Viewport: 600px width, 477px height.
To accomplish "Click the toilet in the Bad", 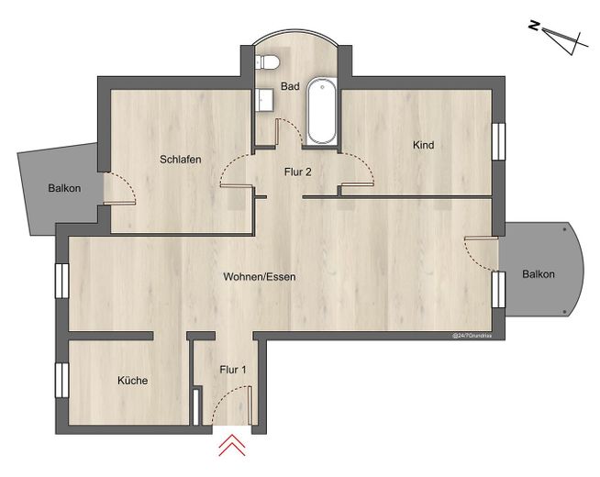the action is pyautogui.click(x=267, y=62).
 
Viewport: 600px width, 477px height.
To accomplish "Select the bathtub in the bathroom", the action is pyautogui.click(x=322, y=111).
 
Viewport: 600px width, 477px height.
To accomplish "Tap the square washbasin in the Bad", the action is pyautogui.click(x=264, y=100).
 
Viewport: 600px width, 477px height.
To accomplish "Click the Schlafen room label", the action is pyautogui.click(x=180, y=159).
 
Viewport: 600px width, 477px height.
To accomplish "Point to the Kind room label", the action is pyautogui.click(x=423, y=145).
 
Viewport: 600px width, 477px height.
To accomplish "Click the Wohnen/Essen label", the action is pyautogui.click(x=260, y=276).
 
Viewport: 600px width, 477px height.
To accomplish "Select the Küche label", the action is pyautogui.click(x=132, y=380).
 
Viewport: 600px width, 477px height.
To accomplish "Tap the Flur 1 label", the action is pyautogui.click(x=233, y=370).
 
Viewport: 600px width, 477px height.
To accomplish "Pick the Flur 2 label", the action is pyautogui.click(x=297, y=172).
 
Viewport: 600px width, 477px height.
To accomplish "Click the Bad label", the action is pyautogui.click(x=290, y=86).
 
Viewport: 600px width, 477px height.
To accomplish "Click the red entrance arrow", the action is pyautogui.click(x=232, y=446).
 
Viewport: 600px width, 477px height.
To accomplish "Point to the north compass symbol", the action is pyautogui.click(x=559, y=38).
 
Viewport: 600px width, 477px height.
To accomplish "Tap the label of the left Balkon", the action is pyautogui.click(x=64, y=188).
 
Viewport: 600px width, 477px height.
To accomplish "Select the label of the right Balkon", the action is pyautogui.click(x=538, y=274).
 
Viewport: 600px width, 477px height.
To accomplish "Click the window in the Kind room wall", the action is pyautogui.click(x=498, y=141).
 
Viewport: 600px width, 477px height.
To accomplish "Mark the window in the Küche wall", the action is pyautogui.click(x=62, y=380).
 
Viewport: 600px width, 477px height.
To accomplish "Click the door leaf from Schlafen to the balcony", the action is pyautogui.click(x=119, y=203).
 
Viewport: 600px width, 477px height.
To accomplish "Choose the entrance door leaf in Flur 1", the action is pyautogui.click(x=250, y=405).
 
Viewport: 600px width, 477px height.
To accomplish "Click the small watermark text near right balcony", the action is pyautogui.click(x=472, y=336).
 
